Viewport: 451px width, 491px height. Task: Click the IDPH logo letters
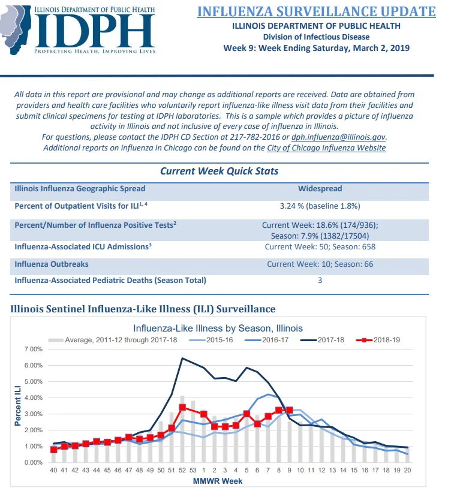[95, 31]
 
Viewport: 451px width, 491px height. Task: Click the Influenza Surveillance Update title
[316, 11]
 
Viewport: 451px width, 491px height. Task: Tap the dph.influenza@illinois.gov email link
[339, 137]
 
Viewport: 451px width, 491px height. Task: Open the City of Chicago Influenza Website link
[326, 148]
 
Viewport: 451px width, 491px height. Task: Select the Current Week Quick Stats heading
[220, 171]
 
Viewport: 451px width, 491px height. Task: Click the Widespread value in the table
[320, 188]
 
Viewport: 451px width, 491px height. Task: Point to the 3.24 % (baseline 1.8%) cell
[320, 206]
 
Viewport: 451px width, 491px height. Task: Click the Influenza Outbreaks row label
[52, 264]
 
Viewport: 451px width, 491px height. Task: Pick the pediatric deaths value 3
[320, 280]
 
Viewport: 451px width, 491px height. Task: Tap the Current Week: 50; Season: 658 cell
[320, 247]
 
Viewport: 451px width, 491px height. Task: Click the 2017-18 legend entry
[322, 340]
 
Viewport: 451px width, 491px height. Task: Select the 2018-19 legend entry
[378, 340]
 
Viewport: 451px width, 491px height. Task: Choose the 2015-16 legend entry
[211, 340]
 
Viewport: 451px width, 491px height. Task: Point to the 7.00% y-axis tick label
[34, 349]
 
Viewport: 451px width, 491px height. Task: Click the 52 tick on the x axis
[182, 470]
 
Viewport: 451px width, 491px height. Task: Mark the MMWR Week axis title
[218, 481]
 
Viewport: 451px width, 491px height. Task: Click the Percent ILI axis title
[17, 406]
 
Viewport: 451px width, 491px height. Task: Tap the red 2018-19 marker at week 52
[182, 408]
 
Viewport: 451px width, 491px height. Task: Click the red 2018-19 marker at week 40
[53, 450]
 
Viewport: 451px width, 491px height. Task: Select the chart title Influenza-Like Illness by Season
[218, 328]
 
